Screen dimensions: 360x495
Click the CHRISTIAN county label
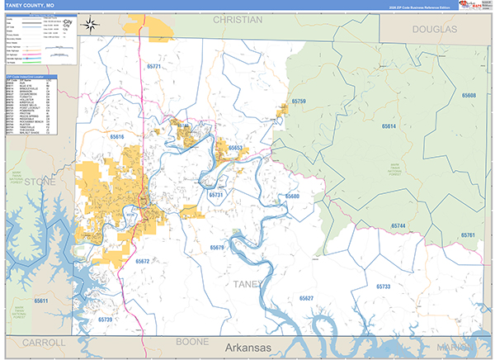click(x=236, y=18)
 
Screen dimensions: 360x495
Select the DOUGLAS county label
click(x=432, y=29)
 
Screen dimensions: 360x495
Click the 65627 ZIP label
click(x=307, y=297)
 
